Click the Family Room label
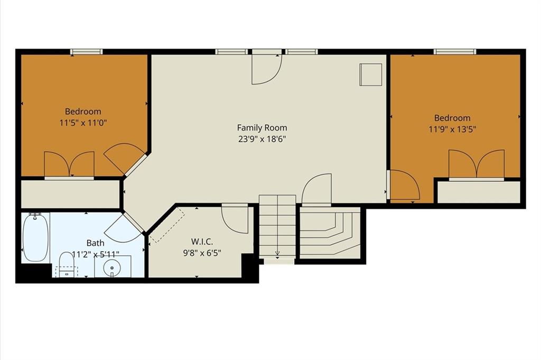click(x=262, y=128)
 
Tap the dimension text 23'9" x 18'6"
click(x=262, y=139)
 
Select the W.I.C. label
click(x=202, y=241)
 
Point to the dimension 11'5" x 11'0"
click(x=83, y=123)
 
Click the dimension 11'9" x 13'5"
click(x=452, y=129)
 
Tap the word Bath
click(x=95, y=243)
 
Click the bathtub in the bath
click(x=35, y=237)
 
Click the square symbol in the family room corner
click(x=371, y=74)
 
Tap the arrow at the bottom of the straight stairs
click(x=277, y=254)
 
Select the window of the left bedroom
click(x=87, y=52)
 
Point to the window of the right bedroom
click(x=455, y=52)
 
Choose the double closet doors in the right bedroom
click(x=477, y=164)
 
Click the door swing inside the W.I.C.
click(x=235, y=219)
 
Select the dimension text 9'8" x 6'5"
click(x=202, y=253)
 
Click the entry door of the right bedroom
click(x=404, y=184)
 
